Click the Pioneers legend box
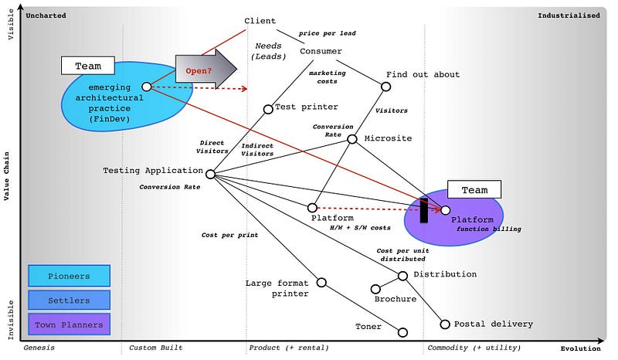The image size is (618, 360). (69, 276)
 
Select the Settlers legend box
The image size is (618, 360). (69, 300)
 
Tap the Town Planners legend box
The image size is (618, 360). (69, 324)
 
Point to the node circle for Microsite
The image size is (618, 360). (352, 139)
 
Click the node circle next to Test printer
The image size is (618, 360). (268, 109)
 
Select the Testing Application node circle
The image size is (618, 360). (210, 174)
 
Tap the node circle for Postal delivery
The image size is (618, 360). (445, 324)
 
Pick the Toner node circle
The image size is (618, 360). (402, 332)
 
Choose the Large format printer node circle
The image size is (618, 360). (321, 282)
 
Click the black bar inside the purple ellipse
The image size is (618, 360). (423, 211)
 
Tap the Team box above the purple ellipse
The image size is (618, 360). (474, 189)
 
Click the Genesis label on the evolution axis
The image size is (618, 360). (39, 348)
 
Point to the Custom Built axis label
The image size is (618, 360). (155, 348)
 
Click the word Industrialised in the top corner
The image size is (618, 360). (569, 15)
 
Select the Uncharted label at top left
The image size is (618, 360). (46, 15)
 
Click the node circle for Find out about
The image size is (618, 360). (386, 87)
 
